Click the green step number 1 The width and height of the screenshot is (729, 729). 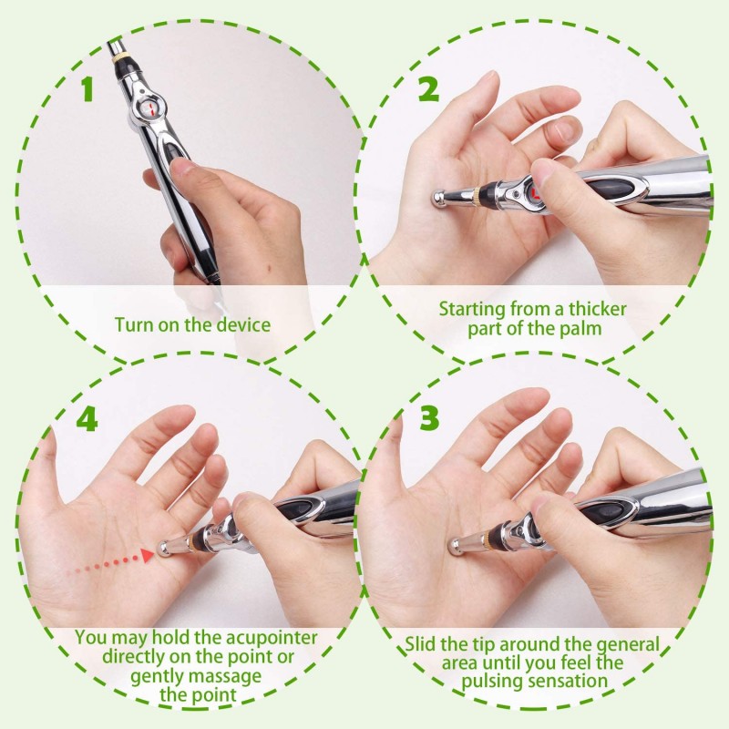pos(87,88)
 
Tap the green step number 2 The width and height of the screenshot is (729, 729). pos(428,88)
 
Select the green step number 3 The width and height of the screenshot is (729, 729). pos(428,417)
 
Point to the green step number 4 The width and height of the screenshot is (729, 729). pos(87,419)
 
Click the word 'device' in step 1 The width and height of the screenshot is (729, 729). pos(243,324)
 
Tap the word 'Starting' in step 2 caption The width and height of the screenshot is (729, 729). pos(472,310)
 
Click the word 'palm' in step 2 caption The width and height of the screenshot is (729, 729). pos(580,329)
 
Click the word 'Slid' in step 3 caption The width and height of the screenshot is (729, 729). pos(420,644)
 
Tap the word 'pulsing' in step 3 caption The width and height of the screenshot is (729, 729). pos(493,682)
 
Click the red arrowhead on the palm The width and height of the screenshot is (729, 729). pos(147,555)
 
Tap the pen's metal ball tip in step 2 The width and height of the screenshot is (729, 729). pos(439,199)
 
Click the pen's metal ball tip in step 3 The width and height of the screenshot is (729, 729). pos(456,545)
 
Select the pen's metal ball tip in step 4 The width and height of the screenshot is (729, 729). pos(164,549)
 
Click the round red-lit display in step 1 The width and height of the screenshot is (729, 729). pos(151,109)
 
